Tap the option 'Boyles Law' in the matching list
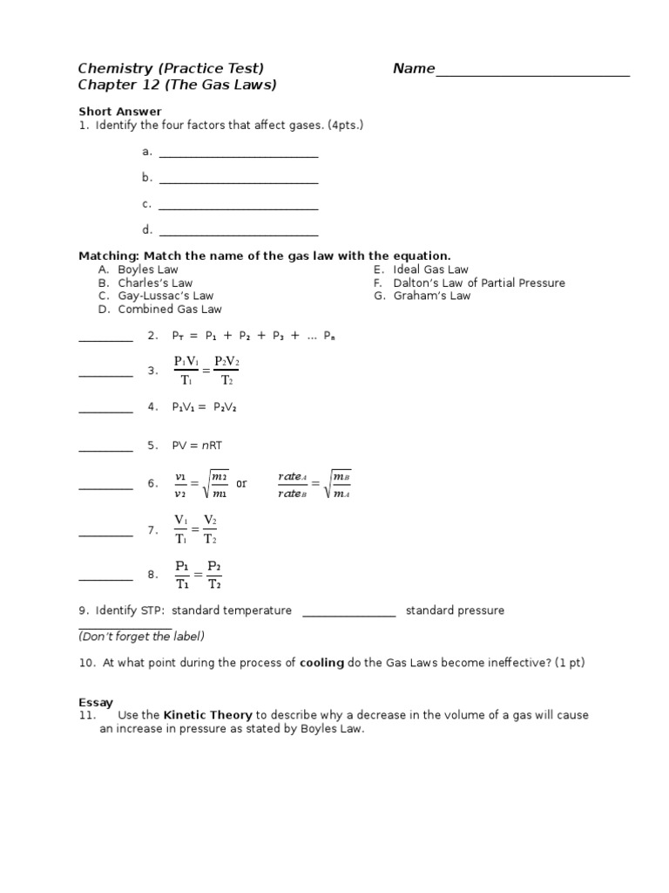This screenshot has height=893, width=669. [147, 270]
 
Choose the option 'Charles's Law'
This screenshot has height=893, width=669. [155, 283]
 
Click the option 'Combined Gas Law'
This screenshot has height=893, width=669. [170, 310]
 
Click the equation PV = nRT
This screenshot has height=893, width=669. [198, 446]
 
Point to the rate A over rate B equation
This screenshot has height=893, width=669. [314, 483]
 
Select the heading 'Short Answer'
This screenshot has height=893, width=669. [120, 112]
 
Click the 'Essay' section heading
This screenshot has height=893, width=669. [96, 701]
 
